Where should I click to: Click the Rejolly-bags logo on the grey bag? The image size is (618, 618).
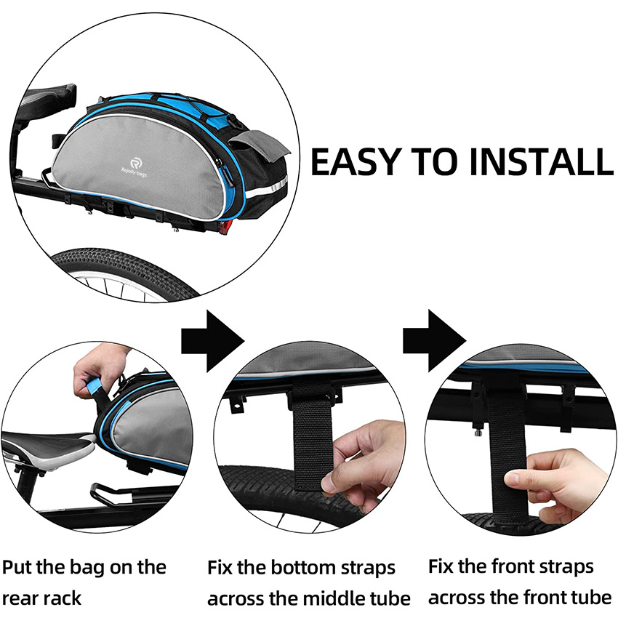coord(137,162)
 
